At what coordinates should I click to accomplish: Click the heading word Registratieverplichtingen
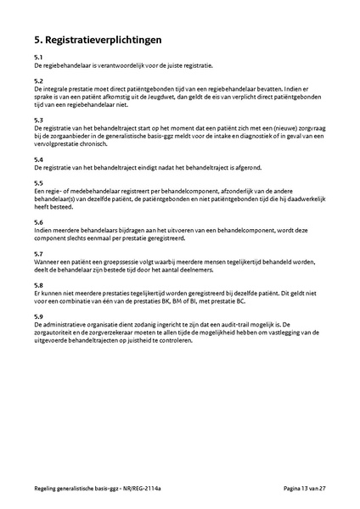point(104,39)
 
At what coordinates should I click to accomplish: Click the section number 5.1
point(39,57)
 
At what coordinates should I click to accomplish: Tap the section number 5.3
point(39,120)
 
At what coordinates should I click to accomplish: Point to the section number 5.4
point(39,159)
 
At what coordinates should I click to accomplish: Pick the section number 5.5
point(39,183)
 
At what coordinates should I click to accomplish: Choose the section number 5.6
point(39,221)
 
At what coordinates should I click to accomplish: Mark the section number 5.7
point(39,254)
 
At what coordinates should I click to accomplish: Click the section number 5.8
point(39,285)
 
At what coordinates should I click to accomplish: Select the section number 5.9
point(39,316)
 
